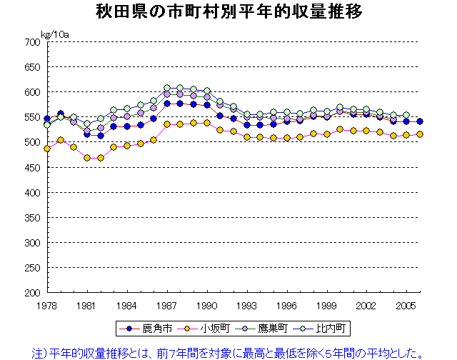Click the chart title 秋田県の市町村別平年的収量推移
[x=228, y=13]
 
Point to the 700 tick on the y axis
[x=31, y=42]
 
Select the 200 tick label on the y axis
[x=31, y=293]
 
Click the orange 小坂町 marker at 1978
[x=46, y=149]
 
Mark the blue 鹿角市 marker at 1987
[x=167, y=104]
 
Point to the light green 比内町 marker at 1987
[x=167, y=89]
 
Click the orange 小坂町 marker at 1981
[x=87, y=158]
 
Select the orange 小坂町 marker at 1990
[x=207, y=123]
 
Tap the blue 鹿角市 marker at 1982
[x=101, y=136]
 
